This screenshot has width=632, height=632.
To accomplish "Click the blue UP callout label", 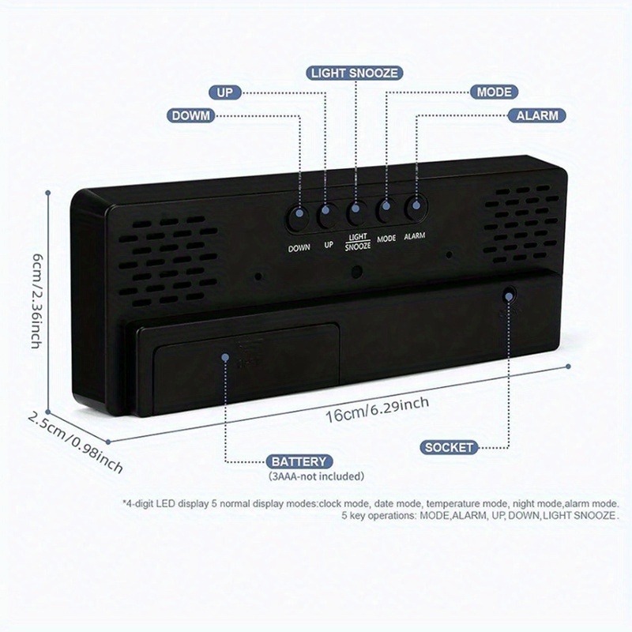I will pyautogui.click(x=226, y=92).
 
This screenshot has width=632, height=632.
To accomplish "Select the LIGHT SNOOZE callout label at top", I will pyautogui.click(x=354, y=73).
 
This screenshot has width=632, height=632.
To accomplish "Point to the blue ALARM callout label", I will pyautogui.click(x=537, y=115).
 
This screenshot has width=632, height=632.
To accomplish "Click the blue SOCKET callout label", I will pyautogui.click(x=450, y=447).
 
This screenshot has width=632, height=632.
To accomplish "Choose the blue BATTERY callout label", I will pyautogui.click(x=298, y=461).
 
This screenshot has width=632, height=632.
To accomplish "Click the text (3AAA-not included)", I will pyautogui.click(x=316, y=476).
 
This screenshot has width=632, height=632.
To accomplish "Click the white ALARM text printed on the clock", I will pyautogui.click(x=416, y=236).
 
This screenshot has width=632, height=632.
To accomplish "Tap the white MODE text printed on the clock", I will pyautogui.click(x=386, y=238).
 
